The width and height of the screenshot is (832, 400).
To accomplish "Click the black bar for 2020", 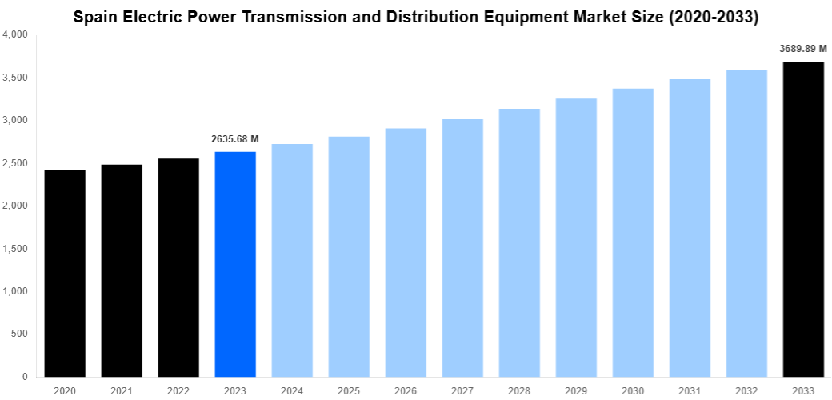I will coord(65,273).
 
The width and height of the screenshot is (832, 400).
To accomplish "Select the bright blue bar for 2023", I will coord(235,264).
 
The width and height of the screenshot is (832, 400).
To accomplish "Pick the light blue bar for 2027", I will coord(462,248).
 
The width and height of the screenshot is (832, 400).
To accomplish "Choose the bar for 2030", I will coord(633,232).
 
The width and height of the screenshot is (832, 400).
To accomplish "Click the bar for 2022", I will coord(178,267).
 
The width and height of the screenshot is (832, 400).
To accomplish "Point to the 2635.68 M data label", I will coord(235,139).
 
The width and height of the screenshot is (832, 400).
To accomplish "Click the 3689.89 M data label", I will coord(803,49).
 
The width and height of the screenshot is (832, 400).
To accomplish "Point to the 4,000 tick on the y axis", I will coord(15,35).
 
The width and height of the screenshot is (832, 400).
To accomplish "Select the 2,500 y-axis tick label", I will coord(15,163).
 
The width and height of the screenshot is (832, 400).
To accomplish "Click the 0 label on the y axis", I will coord(25,376).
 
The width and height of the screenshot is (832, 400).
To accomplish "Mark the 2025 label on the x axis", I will coord(349,391).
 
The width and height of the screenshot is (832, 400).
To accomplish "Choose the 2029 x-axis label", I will coord(576,391).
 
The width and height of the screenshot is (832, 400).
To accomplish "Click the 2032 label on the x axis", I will coord(746,391).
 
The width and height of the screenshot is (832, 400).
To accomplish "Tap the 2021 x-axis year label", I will coord(122,391).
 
